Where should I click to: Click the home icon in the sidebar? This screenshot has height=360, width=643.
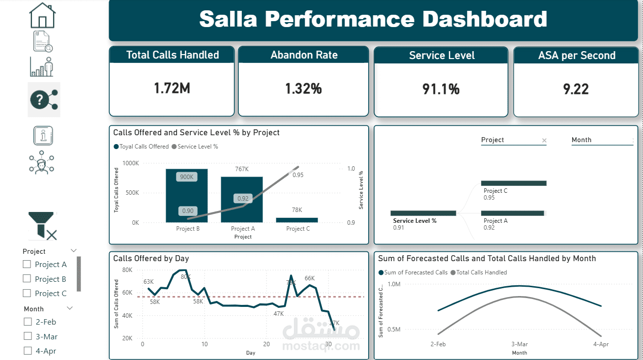(43, 16)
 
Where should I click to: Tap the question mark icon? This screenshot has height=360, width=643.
(44, 100)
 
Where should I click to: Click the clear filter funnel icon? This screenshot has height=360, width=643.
(43, 226)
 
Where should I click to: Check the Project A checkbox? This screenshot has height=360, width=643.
(27, 264)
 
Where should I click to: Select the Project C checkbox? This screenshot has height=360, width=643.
(27, 293)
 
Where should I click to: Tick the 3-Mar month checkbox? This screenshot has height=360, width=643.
(28, 336)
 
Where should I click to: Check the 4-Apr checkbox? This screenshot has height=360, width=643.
(28, 351)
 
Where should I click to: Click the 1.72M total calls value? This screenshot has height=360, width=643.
(172, 89)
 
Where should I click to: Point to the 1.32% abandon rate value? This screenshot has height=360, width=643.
(303, 89)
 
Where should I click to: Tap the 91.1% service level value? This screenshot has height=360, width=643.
(441, 89)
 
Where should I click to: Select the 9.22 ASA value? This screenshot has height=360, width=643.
(576, 89)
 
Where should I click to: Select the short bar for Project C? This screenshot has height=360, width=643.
(297, 220)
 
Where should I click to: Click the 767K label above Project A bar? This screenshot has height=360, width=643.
(241, 169)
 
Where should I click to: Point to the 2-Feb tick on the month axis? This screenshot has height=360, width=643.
(438, 344)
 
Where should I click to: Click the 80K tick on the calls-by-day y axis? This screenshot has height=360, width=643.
(127, 270)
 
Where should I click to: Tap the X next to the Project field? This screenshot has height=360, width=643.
(544, 141)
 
